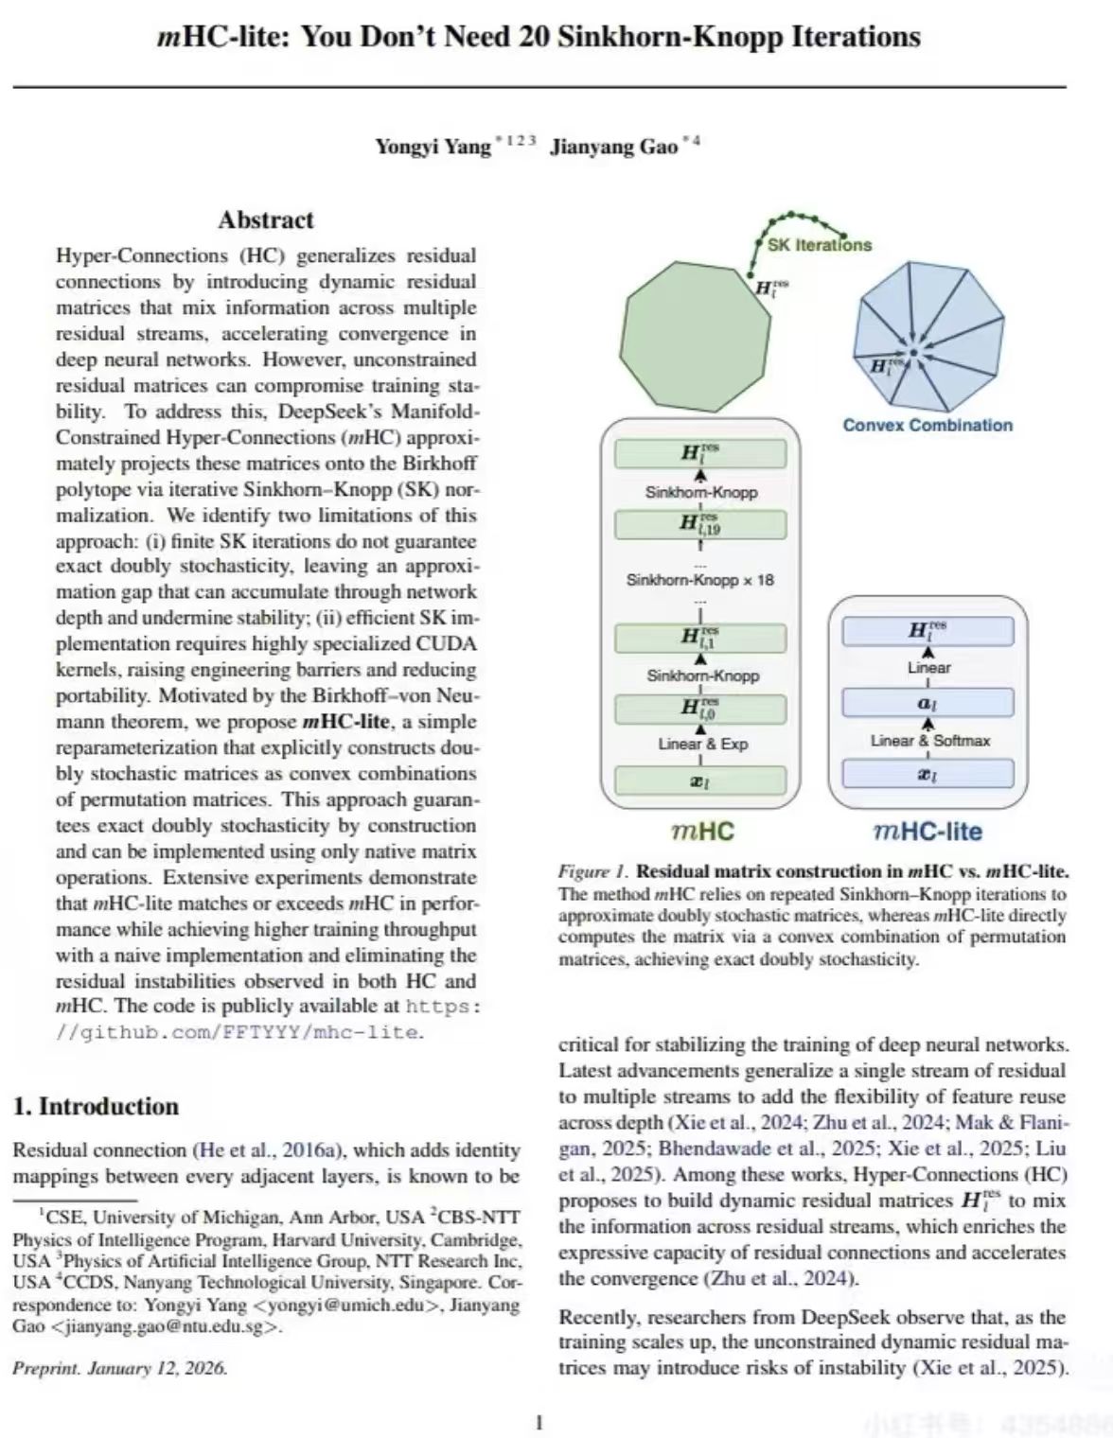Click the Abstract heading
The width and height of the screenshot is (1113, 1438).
pos(266,220)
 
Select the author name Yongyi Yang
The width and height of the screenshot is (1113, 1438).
pos(433,147)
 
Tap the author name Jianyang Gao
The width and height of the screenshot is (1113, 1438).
pos(614,147)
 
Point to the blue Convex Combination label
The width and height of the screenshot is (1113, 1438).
pos(927,426)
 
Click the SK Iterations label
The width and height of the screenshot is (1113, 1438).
pos(820,245)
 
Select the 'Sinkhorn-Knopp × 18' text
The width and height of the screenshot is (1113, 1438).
pos(700,580)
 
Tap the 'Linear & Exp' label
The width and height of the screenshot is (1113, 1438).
pos(702,744)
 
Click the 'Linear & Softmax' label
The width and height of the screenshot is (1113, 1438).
pos(929,741)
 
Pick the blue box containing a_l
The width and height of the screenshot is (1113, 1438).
pos(927,704)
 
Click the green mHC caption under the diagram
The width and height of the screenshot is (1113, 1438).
pos(702,832)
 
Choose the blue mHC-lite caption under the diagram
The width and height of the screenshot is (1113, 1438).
pos(927,832)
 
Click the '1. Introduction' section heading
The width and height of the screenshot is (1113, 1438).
pos(96,1106)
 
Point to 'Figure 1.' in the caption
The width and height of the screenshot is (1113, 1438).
pos(593,871)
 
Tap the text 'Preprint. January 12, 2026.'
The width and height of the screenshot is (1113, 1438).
pos(119,1368)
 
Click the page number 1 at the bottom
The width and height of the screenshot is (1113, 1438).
pos(539,1422)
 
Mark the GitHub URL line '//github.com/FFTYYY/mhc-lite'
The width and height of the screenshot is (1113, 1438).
pos(238,1032)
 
